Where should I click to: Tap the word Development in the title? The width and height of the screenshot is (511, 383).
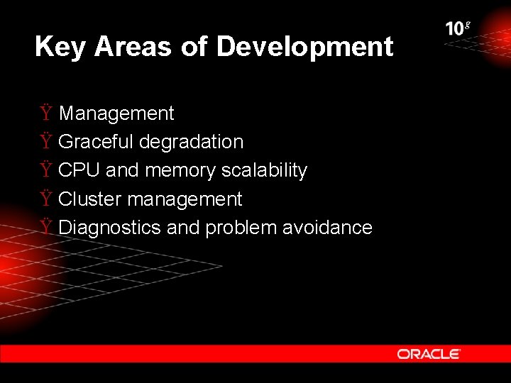pos(304,47)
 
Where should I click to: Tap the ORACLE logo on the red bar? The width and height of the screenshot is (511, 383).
pos(429,353)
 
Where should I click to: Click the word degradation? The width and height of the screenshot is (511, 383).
pos(191,142)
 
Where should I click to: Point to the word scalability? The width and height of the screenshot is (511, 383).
pos(264,171)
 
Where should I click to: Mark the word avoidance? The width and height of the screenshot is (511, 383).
pos(327,228)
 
